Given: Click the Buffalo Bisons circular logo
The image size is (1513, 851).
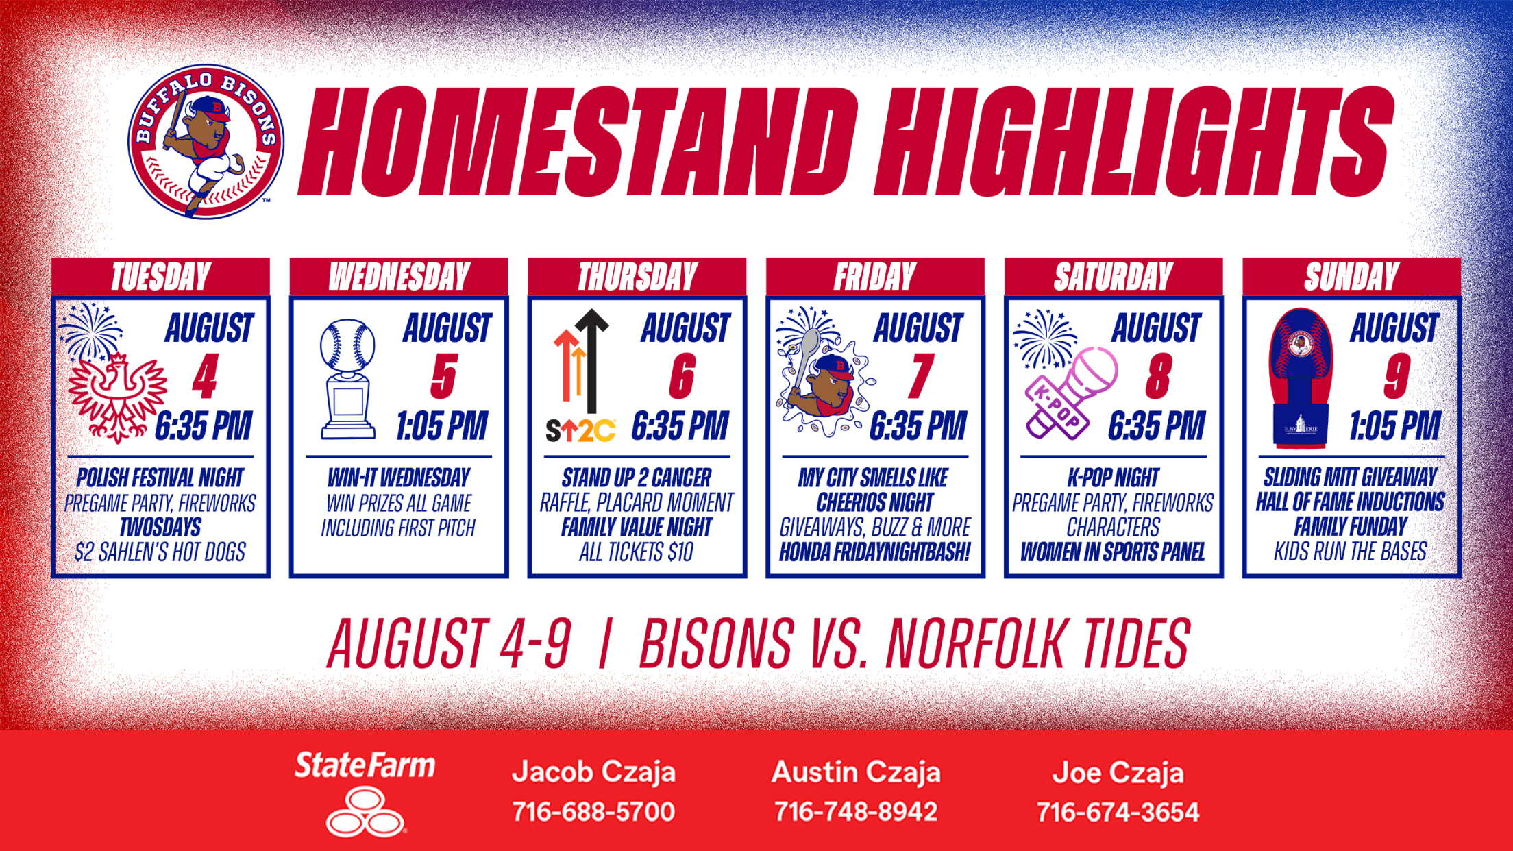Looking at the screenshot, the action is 206,142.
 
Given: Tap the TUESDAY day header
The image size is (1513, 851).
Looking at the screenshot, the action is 161,277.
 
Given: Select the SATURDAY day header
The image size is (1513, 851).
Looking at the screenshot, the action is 1114,277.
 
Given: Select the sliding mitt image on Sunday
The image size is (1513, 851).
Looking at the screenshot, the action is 1301,378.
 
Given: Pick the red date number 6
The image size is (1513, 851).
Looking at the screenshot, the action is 682,376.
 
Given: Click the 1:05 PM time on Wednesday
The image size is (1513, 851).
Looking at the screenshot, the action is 442,425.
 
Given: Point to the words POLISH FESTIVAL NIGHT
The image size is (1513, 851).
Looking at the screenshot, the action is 160,478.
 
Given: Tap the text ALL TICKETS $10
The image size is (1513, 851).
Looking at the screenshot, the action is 637,552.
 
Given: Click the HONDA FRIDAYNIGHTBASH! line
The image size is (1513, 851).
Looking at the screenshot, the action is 875,552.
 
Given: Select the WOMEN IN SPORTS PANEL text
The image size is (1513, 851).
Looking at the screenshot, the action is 1113,552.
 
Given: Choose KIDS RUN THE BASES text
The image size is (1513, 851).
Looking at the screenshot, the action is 1351,552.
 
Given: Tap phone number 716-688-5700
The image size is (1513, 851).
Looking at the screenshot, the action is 593,812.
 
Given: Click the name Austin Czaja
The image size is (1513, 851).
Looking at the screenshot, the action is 856,773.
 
